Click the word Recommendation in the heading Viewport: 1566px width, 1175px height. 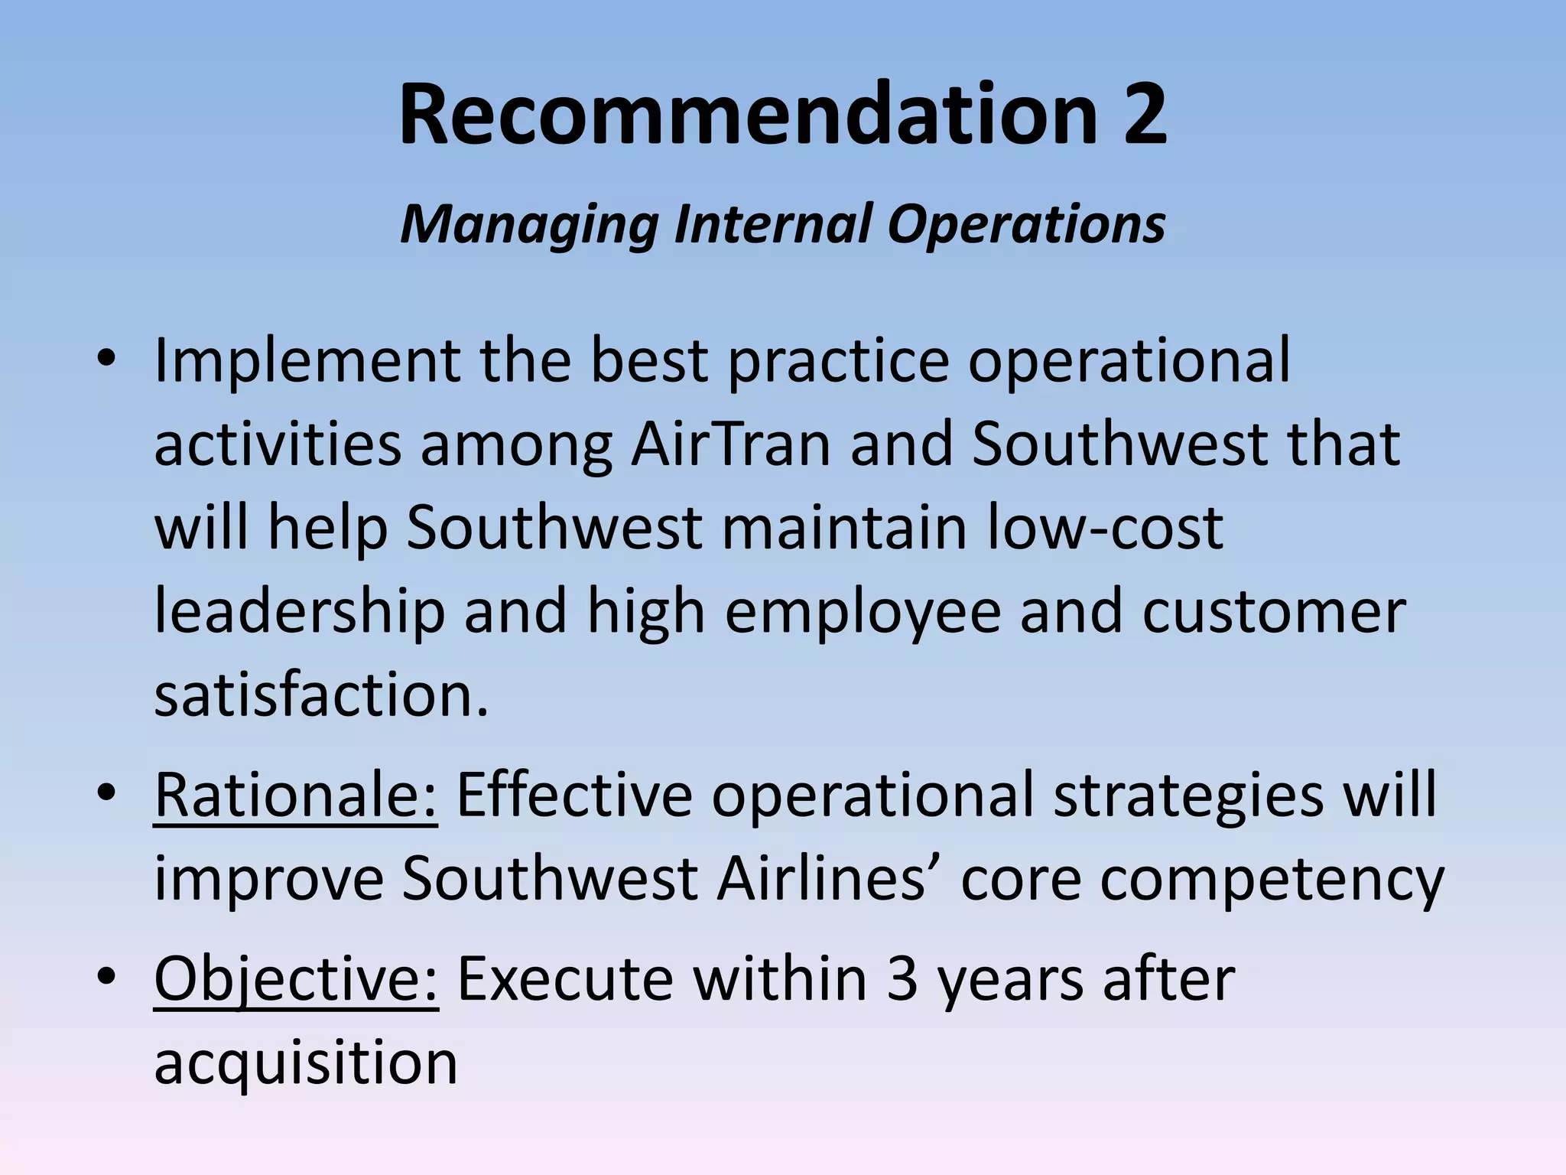(747, 115)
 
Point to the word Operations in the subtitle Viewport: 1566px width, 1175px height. (1026, 225)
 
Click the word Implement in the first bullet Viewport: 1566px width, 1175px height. (307, 361)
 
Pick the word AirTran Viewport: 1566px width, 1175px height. (730, 444)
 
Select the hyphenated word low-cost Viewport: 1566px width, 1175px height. (1106, 528)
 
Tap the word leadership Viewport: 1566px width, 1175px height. (300, 612)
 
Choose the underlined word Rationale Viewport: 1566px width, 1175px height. (296, 796)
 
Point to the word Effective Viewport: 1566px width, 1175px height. (574, 796)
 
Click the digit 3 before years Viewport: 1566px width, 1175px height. (902, 979)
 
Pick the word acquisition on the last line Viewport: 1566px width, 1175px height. (306, 1063)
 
